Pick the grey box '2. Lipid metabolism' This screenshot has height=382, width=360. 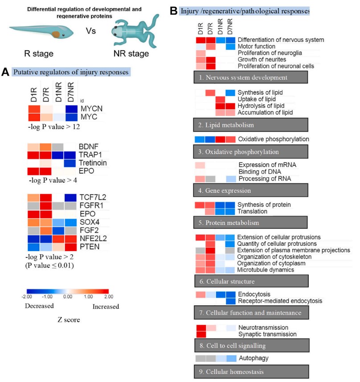(x=251, y=126)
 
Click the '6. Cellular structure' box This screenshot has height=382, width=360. (x=251, y=281)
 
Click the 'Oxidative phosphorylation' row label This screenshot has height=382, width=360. (x=273, y=139)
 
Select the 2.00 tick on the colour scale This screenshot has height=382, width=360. (x=109, y=296)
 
